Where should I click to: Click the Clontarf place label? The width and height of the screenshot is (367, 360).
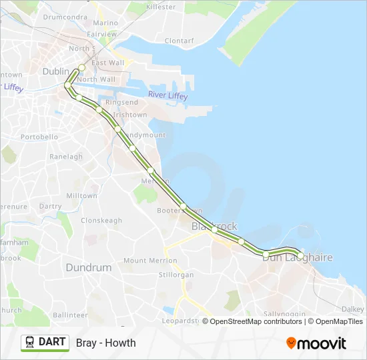click(x=178, y=40)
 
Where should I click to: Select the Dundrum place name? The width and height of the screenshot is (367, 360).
click(x=88, y=267)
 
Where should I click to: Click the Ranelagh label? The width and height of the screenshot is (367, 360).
click(x=66, y=157)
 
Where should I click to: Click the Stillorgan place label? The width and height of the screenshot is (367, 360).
click(x=176, y=275)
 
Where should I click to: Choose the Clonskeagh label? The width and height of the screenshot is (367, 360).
click(x=101, y=220)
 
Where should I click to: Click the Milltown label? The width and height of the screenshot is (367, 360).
click(x=81, y=196)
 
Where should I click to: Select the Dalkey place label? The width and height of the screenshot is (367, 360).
click(x=352, y=309)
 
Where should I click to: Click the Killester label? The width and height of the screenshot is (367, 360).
click(x=159, y=5)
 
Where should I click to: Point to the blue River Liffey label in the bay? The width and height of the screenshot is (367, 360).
click(x=168, y=95)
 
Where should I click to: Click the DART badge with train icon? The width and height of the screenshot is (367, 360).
click(x=45, y=343)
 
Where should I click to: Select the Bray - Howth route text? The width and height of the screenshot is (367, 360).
click(x=106, y=343)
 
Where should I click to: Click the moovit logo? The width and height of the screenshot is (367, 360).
click(x=316, y=343)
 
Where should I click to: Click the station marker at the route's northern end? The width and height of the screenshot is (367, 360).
click(x=81, y=67)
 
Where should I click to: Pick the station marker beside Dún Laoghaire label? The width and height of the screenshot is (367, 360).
click(x=300, y=255)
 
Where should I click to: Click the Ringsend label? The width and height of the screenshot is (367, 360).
click(x=121, y=102)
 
